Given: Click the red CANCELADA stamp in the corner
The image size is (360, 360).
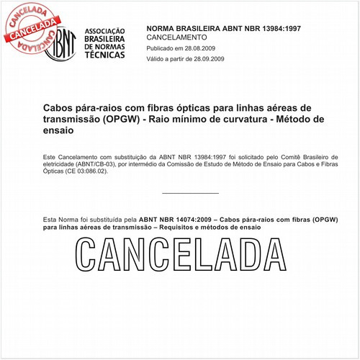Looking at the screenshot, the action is tap(29, 22).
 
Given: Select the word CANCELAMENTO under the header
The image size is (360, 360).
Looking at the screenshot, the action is tap(176, 36).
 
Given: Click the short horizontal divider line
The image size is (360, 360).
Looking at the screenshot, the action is tap(190, 193).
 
